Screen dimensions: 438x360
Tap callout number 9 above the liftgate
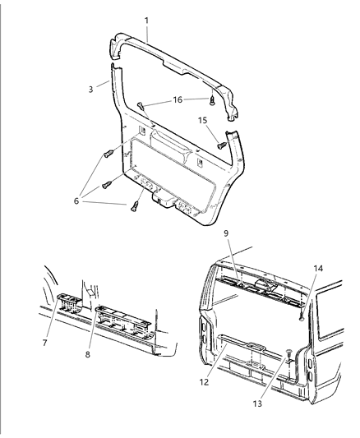pos(226,234)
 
